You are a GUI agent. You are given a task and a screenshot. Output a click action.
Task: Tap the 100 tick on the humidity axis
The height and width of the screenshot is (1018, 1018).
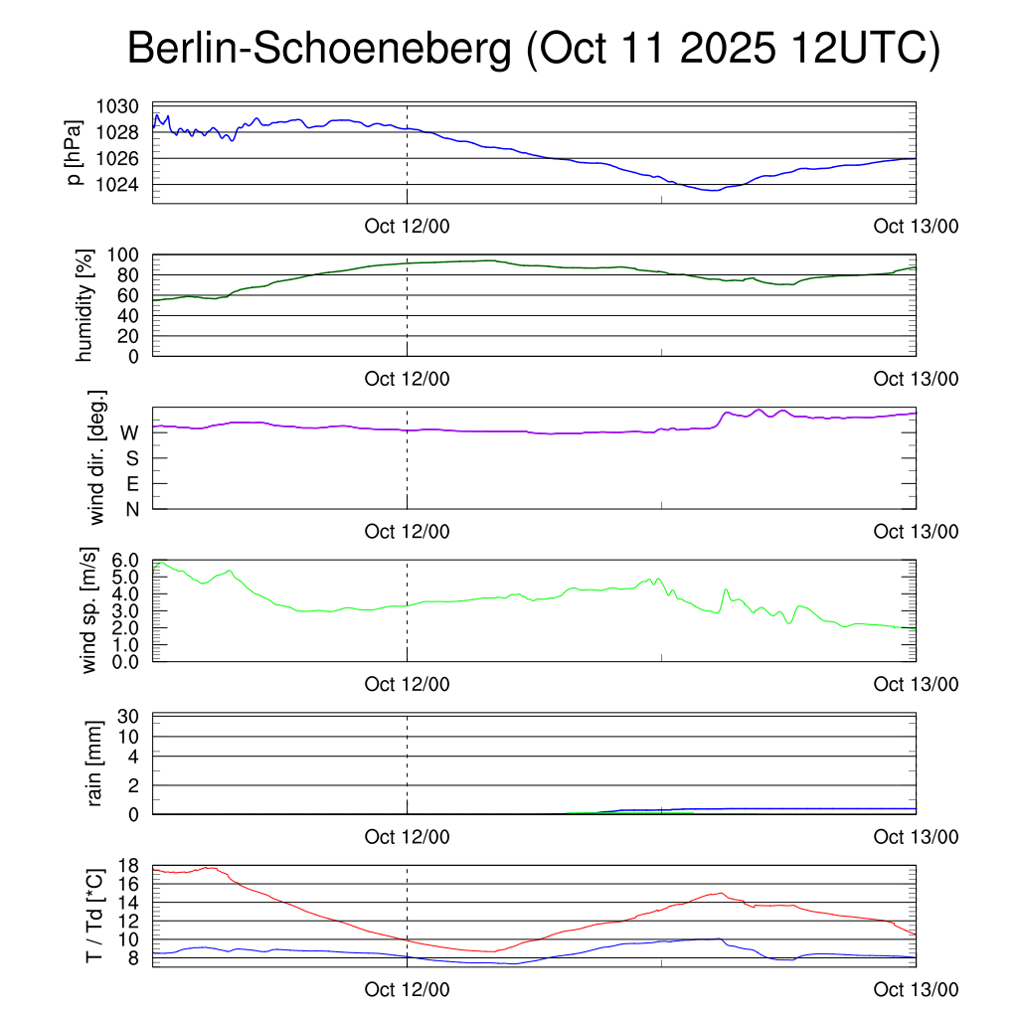[130, 255]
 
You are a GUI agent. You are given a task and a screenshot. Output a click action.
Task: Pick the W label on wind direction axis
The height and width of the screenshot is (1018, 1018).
[129, 433]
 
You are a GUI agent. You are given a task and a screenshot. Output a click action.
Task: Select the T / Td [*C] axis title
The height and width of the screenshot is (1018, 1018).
[94, 915]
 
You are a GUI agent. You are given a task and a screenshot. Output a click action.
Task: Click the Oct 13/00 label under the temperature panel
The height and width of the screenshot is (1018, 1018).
[916, 989]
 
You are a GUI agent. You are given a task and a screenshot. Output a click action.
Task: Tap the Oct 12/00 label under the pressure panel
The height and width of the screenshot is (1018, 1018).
[407, 226]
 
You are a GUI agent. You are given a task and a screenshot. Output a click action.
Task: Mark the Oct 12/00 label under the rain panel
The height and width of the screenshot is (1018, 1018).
[407, 836]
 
